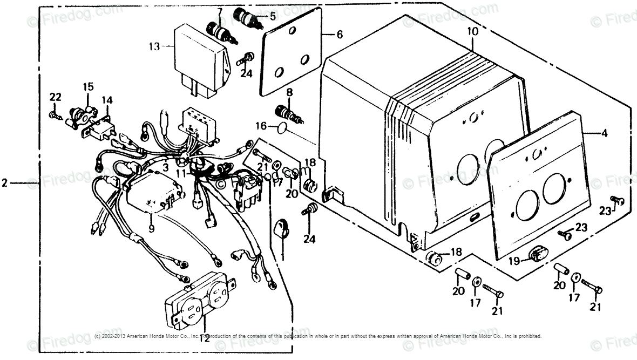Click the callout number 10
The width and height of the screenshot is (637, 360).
point(472,32)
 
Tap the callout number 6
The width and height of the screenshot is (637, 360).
point(339,35)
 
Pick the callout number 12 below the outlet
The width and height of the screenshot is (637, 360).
point(205,338)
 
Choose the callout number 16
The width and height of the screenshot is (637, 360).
point(260,126)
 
